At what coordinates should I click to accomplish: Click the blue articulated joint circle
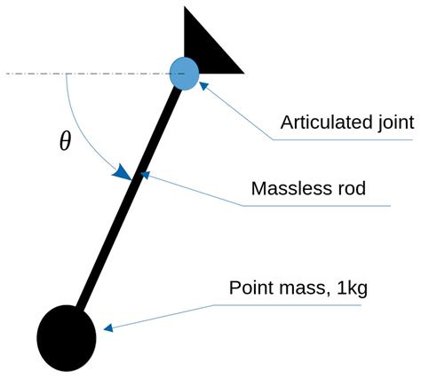pyautogui.click(x=185, y=73)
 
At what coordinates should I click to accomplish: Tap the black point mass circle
pyautogui.click(x=67, y=337)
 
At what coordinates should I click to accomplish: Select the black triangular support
pyautogui.click(x=210, y=44)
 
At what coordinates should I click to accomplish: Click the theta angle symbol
pyautogui.click(x=64, y=142)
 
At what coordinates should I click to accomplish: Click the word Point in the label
pyautogui.click(x=250, y=288)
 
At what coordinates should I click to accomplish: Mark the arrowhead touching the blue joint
pyautogui.click(x=203, y=85)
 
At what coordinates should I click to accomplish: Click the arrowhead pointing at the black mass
pyautogui.click(x=107, y=329)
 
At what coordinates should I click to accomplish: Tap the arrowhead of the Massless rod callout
pyautogui.click(x=144, y=176)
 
